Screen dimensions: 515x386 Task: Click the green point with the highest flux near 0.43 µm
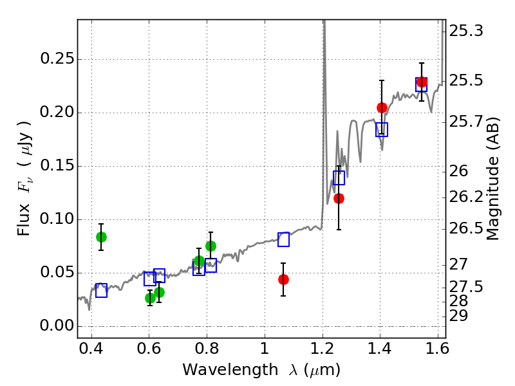[101, 237]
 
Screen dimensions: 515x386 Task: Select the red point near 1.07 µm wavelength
[283, 280]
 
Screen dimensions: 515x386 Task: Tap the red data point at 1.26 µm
[339, 199]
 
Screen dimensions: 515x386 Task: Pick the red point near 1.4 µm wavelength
[382, 107]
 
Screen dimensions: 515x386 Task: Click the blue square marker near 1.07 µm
[283, 239]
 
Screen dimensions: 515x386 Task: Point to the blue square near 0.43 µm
[101, 291]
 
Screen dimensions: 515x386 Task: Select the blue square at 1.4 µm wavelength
[382, 130]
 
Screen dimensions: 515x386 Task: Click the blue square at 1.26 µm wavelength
[339, 178]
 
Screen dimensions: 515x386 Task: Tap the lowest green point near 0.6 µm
[150, 299]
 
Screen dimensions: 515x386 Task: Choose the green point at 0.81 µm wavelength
[211, 246]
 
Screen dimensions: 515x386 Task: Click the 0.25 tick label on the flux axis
[57, 59]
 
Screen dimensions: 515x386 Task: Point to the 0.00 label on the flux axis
[57, 326]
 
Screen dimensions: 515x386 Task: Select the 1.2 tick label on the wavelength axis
[323, 349]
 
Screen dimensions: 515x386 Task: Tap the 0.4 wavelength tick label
[91, 349]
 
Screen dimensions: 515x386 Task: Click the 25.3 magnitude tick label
[466, 31]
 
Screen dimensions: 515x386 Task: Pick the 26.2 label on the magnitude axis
[466, 197]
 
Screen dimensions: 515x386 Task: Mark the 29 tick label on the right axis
[458, 316]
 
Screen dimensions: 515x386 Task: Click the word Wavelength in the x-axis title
[230, 370]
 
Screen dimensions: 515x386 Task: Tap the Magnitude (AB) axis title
[492, 179]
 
